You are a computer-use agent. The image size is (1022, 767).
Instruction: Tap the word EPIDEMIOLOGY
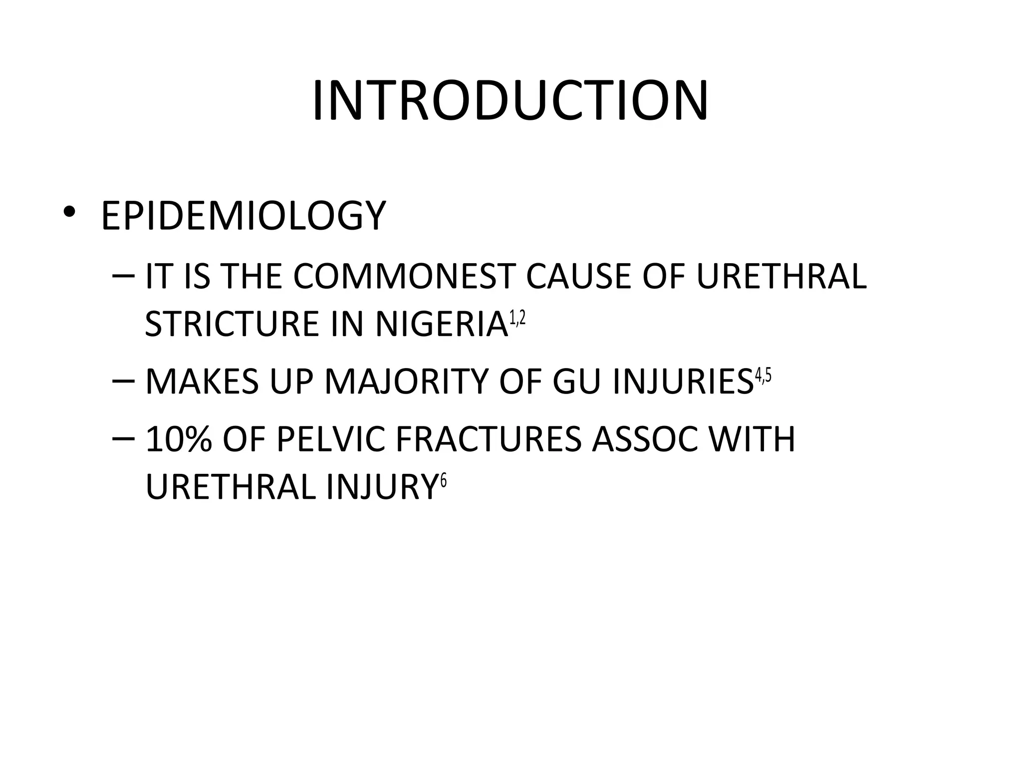click(244, 216)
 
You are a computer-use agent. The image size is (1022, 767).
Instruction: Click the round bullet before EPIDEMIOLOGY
click(69, 212)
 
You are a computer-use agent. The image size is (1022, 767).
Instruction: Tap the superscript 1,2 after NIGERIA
click(517, 318)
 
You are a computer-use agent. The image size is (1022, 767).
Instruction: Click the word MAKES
click(202, 382)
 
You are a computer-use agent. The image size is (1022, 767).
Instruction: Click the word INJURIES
click(683, 382)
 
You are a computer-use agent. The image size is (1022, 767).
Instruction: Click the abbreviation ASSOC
click(644, 439)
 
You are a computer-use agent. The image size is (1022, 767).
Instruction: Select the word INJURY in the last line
click(382, 487)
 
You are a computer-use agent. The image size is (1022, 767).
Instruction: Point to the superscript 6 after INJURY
click(443, 481)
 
